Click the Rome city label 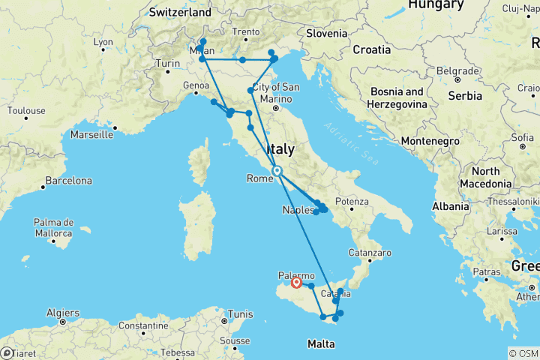pyautogui.click(x=260, y=178)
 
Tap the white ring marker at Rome pyautogui.click(x=277, y=171)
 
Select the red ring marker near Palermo pyautogui.click(x=296, y=283)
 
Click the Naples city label pyautogui.click(x=298, y=210)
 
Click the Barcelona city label pyautogui.click(x=68, y=181)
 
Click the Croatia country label pyautogui.click(x=373, y=49)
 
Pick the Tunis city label pyautogui.click(x=241, y=314)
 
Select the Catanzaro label pyautogui.click(x=372, y=253)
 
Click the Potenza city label pyautogui.click(x=352, y=201)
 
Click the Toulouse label pyautogui.click(x=25, y=110)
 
